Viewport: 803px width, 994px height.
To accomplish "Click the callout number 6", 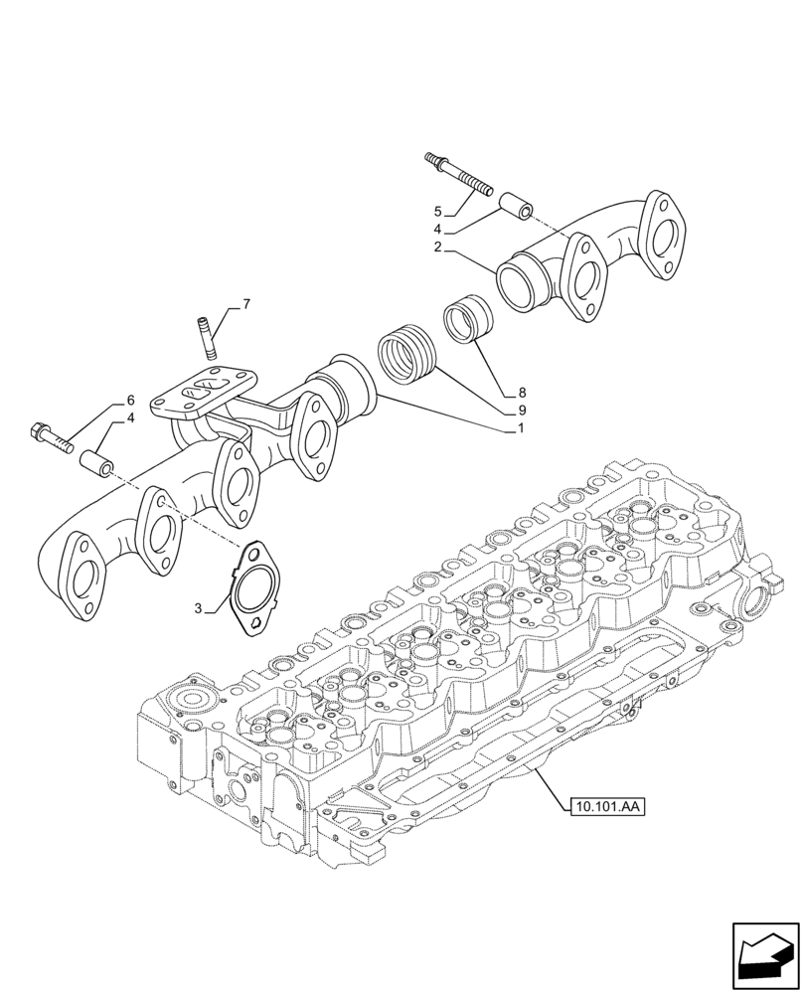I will pos(129,401).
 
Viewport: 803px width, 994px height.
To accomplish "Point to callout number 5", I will pos(436,212).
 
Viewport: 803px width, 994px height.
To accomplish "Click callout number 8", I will pos(521,393).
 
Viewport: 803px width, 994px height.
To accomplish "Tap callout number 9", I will pos(521,410).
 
